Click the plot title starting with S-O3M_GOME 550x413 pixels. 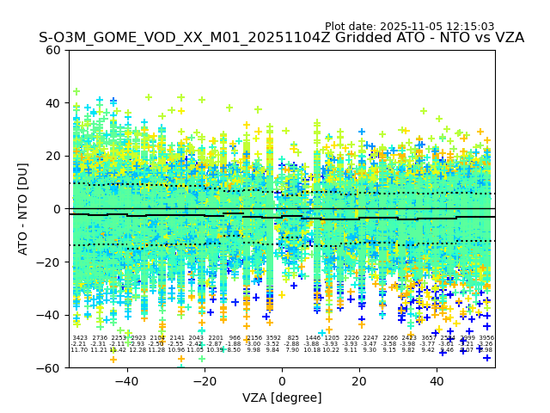tap(281, 38)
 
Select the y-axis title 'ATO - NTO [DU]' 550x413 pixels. tap(23, 209)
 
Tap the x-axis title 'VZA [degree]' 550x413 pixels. tap(282, 398)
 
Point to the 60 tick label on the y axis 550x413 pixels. tap(53, 50)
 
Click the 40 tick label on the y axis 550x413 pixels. tap(53, 103)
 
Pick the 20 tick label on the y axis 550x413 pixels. tap(53, 156)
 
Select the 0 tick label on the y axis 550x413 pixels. tap(57, 209)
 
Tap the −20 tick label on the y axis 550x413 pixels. tap(50, 262)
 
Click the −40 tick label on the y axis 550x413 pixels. tap(50, 315)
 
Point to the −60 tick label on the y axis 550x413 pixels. tap(50, 368)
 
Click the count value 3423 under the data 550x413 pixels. tap(80, 338)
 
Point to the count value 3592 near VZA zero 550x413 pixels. tap(273, 338)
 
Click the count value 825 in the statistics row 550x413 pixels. tap(293, 338)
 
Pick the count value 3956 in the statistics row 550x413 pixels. tap(486, 338)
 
